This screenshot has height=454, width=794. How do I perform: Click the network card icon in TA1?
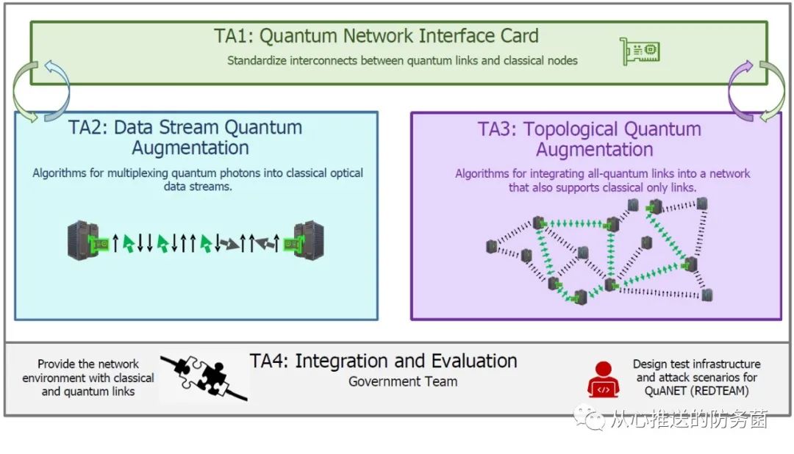(640, 51)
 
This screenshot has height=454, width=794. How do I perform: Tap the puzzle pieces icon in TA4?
(204, 377)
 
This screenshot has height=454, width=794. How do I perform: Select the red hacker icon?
(603, 379)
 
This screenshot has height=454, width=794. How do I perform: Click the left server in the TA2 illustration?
(83, 240)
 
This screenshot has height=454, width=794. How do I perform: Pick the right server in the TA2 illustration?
(308, 240)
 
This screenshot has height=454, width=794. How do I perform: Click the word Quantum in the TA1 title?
(298, 36)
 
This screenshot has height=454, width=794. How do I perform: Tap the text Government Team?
(403, 381)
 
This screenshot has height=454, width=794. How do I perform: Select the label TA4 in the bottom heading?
(268, 361)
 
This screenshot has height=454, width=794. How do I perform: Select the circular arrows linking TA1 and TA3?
(757, 92)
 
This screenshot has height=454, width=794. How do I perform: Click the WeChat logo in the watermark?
(589, 417)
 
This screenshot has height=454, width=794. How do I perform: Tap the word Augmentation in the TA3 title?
(595, 150)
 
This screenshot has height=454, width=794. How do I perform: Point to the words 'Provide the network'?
(88, 364)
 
